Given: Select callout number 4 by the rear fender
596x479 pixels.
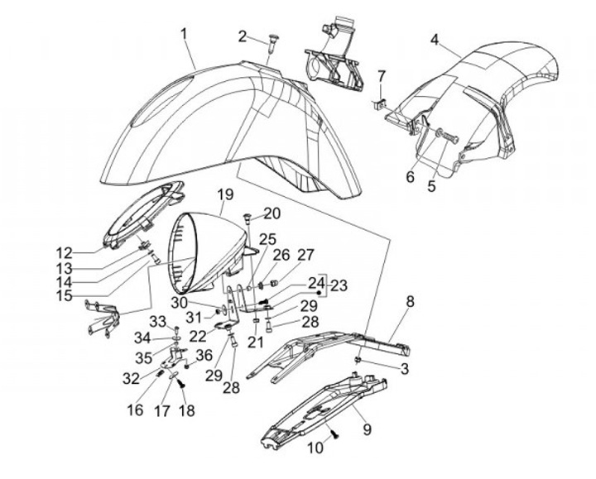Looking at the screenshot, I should point(435,39).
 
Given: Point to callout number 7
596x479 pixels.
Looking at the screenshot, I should point(382,76).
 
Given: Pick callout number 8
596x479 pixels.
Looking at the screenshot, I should point(409,302).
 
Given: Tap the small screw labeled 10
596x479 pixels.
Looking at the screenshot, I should point(335,433).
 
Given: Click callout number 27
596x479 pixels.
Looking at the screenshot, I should point(307,255).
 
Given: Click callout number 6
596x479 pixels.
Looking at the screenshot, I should point(409,176).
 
